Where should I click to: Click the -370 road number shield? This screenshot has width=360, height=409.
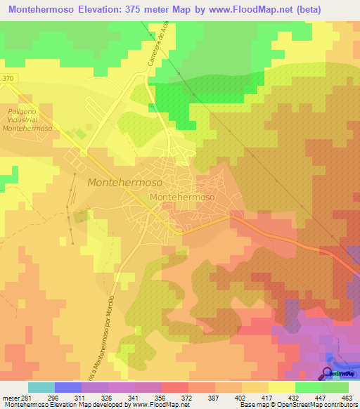pos(7,77)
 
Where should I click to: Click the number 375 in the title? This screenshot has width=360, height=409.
pos(162,10)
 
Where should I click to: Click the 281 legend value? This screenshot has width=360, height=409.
pos(26,397)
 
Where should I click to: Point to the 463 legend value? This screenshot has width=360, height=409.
pos(346,397)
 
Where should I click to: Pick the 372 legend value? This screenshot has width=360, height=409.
pos(186,397)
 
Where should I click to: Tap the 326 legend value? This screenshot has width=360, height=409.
pos(106,397)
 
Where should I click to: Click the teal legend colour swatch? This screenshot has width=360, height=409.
pos(41,387)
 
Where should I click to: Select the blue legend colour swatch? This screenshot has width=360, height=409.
pos(68,387)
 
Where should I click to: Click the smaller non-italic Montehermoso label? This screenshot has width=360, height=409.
pos(182,198)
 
